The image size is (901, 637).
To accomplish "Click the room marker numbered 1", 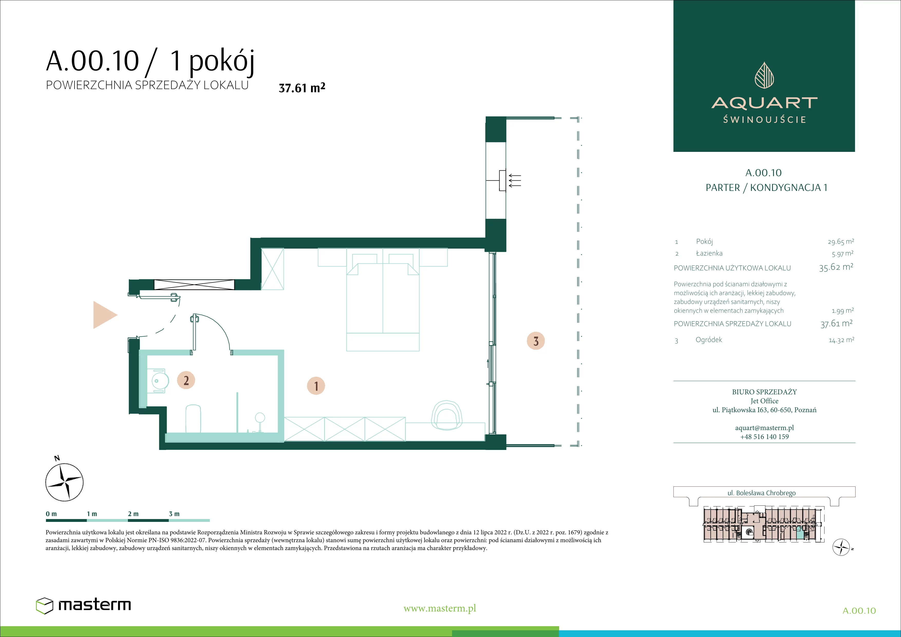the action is click(x=316, y=386).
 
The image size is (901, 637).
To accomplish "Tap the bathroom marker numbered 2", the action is click(x=186, y=380).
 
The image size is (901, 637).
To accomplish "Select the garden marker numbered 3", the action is click(x=536, y=341).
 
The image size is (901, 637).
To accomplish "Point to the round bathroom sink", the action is click(x=160, y=381).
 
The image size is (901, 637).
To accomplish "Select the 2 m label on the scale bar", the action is click(x=133, y=514).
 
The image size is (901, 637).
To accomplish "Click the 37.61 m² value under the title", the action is click(x=302, y=88).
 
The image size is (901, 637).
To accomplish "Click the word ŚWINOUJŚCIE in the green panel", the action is click(x=764, y=119).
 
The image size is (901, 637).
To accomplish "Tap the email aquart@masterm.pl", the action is click(x=764, y=428).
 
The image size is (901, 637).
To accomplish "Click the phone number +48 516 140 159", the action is click(x=764, y=436).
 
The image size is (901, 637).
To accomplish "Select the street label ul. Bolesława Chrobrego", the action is click(x=761, y=493).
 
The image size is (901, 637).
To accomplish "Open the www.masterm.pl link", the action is click(x=439, y=608).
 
